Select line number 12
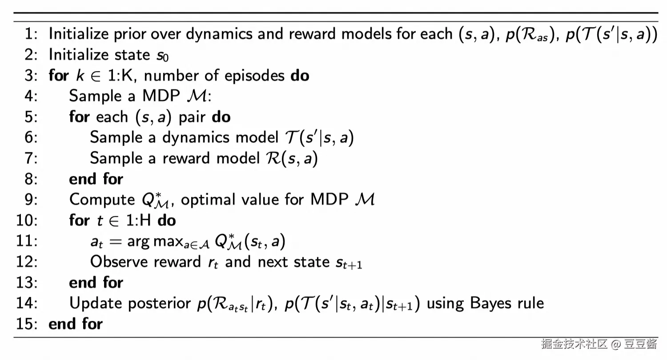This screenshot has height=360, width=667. tap(27, 261)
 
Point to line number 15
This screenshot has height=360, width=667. tap(27, 324)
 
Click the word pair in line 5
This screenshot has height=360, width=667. tap(192, 117)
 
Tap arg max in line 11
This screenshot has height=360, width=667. tap(151, 242)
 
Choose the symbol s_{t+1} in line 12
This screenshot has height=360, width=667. tap(348, 263)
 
